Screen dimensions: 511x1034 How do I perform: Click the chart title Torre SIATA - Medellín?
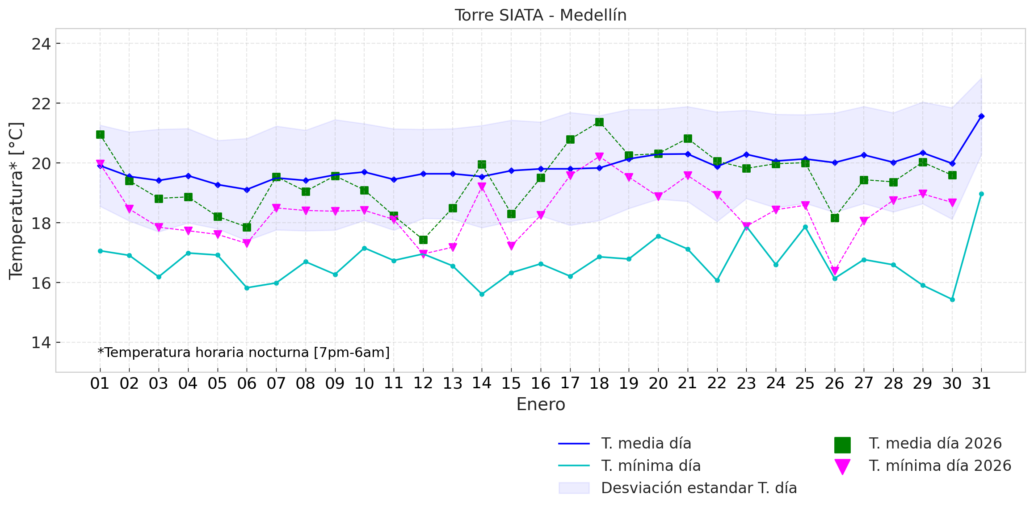541,16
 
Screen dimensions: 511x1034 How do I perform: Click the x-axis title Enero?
541,405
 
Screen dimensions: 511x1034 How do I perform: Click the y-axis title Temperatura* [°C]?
17,201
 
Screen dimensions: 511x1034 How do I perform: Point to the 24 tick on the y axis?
41,44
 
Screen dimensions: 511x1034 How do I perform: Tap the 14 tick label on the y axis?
41,343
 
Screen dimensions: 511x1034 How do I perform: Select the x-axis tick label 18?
599,383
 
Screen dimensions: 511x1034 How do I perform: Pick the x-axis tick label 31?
981,383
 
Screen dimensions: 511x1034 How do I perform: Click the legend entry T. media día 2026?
935,444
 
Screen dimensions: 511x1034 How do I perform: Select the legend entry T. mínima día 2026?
940,466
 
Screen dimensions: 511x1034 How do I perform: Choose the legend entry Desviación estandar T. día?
699,488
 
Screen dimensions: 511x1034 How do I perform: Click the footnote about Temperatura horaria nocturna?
244,353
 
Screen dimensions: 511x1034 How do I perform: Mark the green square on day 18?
599,122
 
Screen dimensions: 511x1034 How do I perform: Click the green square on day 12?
423,240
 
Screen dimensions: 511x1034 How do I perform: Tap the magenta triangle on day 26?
835,271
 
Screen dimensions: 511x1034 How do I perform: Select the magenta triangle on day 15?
511,245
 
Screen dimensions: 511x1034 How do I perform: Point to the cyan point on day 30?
952,300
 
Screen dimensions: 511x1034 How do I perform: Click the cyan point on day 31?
981,194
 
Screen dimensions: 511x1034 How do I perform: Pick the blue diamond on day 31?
981,116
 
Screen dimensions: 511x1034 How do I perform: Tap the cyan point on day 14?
482,295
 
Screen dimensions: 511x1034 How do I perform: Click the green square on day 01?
100,135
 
